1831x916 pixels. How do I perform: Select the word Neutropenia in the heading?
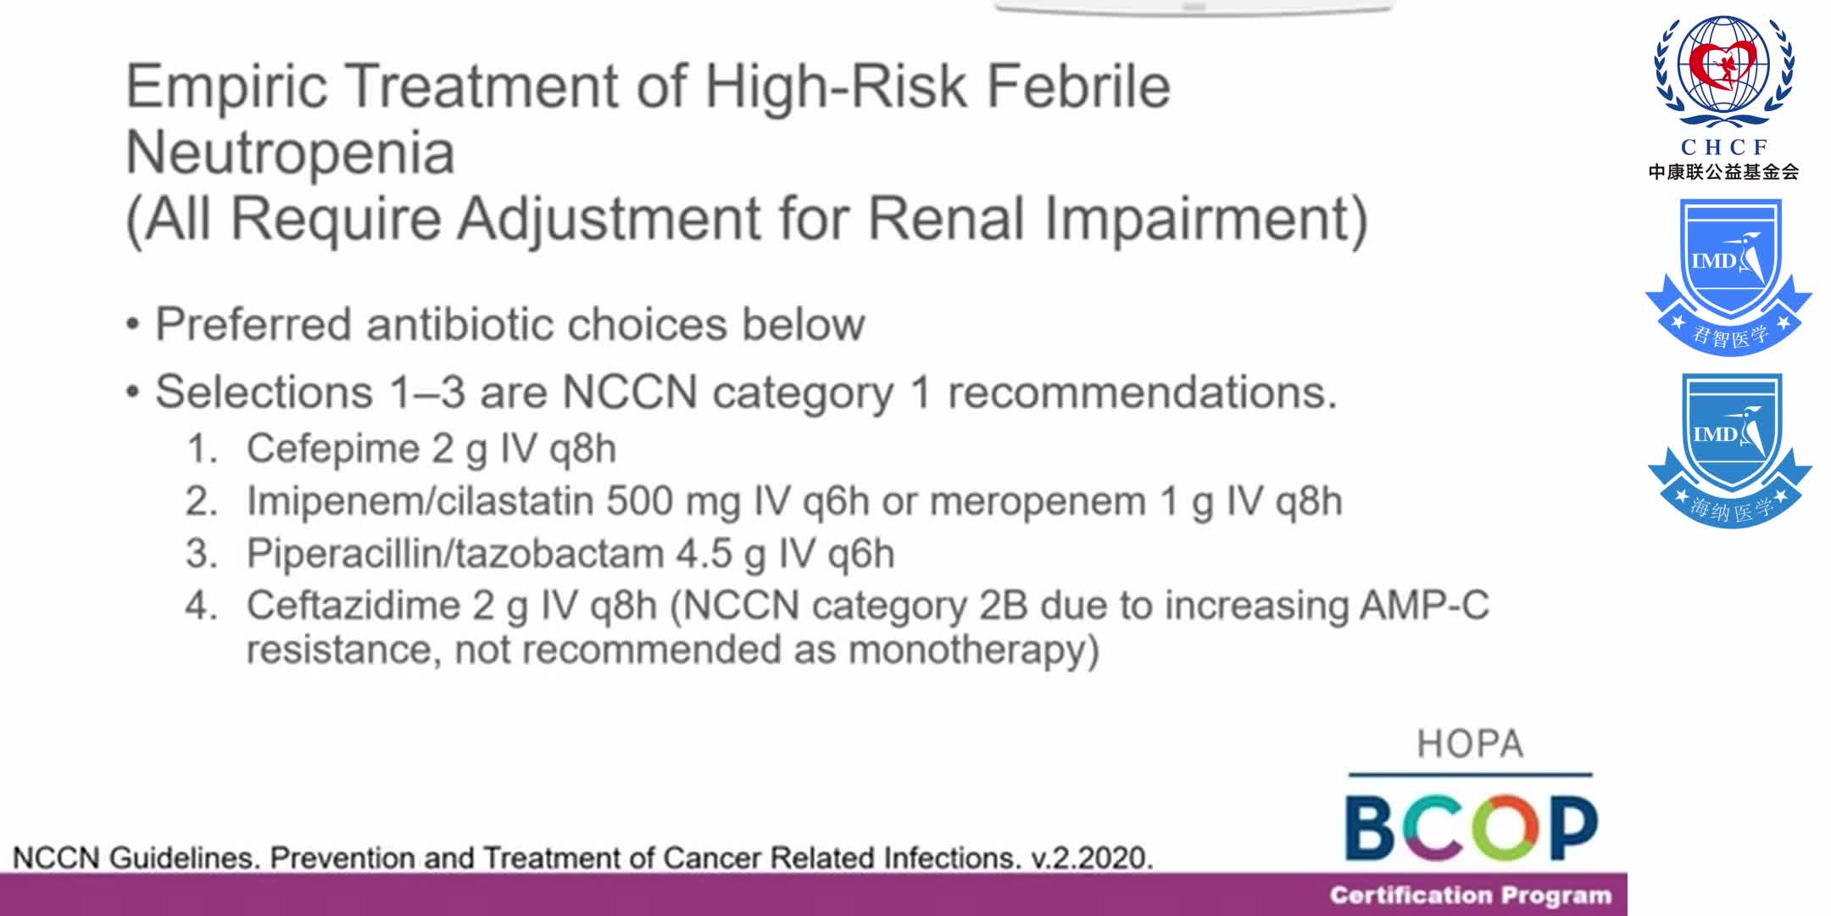click(291, 154)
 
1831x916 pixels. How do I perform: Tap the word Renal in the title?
click(947, 219)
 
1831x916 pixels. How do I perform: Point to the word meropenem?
click(1038, 501)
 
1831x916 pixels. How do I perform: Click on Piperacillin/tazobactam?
click(455, 554)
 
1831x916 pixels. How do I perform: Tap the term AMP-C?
click(1424, 606)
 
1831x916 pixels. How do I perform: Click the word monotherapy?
click(973, 651)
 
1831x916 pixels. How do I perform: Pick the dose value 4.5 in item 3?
click(704, 554)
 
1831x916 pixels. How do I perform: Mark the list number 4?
click(201, 606)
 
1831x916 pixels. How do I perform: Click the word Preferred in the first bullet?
click(253, 325)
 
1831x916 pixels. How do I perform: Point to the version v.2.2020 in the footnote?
click(1092, 858)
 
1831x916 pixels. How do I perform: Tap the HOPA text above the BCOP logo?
click(1470, 745)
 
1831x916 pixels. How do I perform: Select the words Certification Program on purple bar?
click(1470, 896)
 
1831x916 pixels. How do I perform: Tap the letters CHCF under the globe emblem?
click(1723, 147)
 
